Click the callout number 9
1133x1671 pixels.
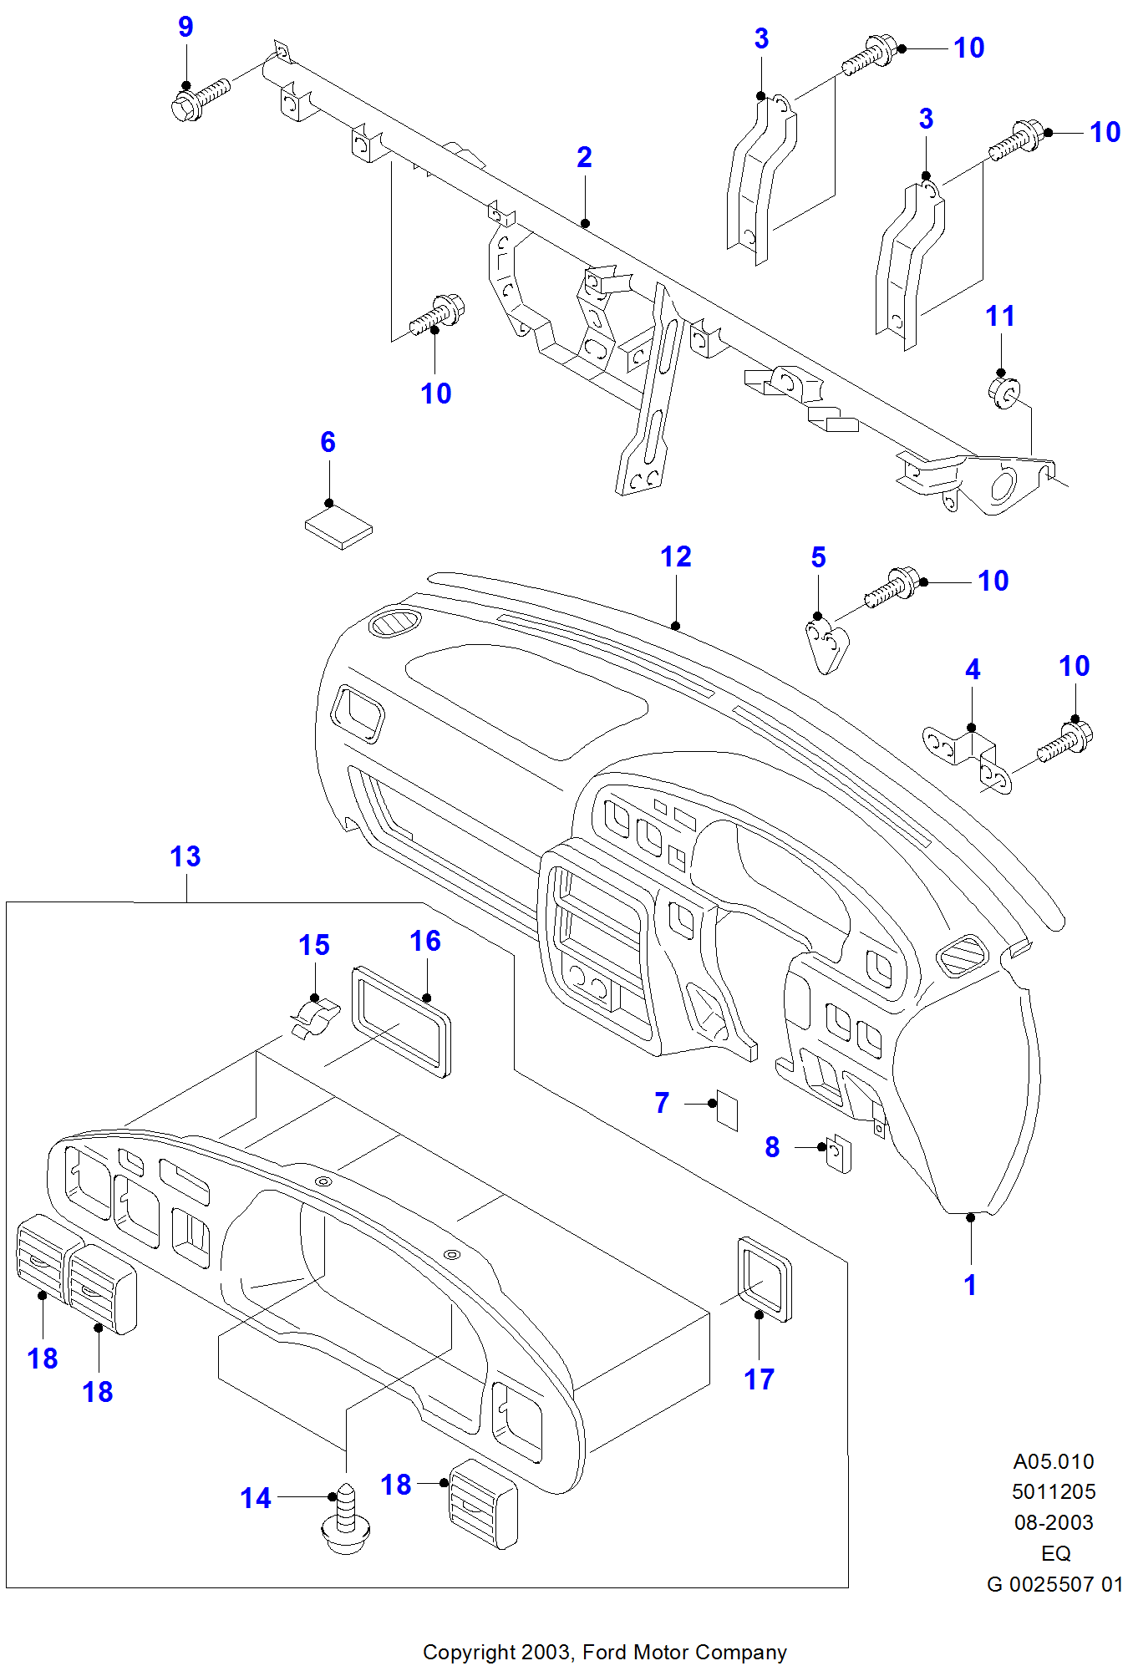pos(185,28)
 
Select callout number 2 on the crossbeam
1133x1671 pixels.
pos(584,157)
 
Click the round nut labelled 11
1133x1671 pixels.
pos(1003,392)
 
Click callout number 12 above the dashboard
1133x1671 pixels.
pos(675,556)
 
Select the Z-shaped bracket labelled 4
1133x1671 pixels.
pos(968,757)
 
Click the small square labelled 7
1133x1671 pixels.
pos(727,1110)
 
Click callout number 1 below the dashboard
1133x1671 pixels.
pos(970,1285)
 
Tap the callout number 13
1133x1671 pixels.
pos(185,856)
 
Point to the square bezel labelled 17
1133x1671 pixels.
pos(764,1277)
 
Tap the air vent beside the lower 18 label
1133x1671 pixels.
pos(483,1503)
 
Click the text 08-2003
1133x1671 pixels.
pos(1054,1522)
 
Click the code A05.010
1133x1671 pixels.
pos(1053,1461)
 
